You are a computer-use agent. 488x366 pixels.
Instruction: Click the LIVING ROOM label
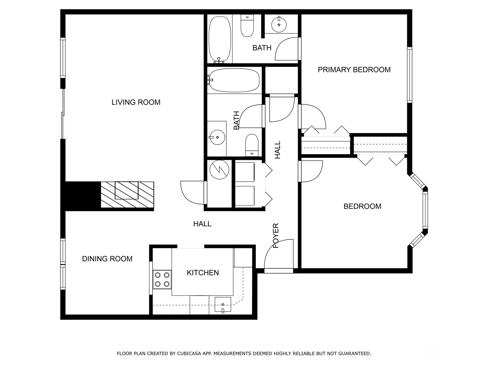136,102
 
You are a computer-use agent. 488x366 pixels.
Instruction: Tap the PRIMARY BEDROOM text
354,70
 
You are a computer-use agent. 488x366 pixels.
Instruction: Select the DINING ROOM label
107,259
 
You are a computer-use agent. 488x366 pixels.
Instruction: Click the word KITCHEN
203,273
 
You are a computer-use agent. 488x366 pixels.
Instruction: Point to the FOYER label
276,235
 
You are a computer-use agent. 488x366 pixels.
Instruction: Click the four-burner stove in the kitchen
162,279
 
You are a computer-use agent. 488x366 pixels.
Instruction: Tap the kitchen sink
223,304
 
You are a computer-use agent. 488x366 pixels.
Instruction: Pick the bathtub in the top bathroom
219,39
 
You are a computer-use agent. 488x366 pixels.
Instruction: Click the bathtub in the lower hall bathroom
234,80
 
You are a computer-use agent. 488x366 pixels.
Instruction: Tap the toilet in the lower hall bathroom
252,145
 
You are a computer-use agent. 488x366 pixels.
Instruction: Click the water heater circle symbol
219,169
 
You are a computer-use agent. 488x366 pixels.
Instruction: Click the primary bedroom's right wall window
410,75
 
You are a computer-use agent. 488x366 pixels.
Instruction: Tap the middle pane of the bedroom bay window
425,210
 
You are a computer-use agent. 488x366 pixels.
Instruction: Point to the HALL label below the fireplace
202,224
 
